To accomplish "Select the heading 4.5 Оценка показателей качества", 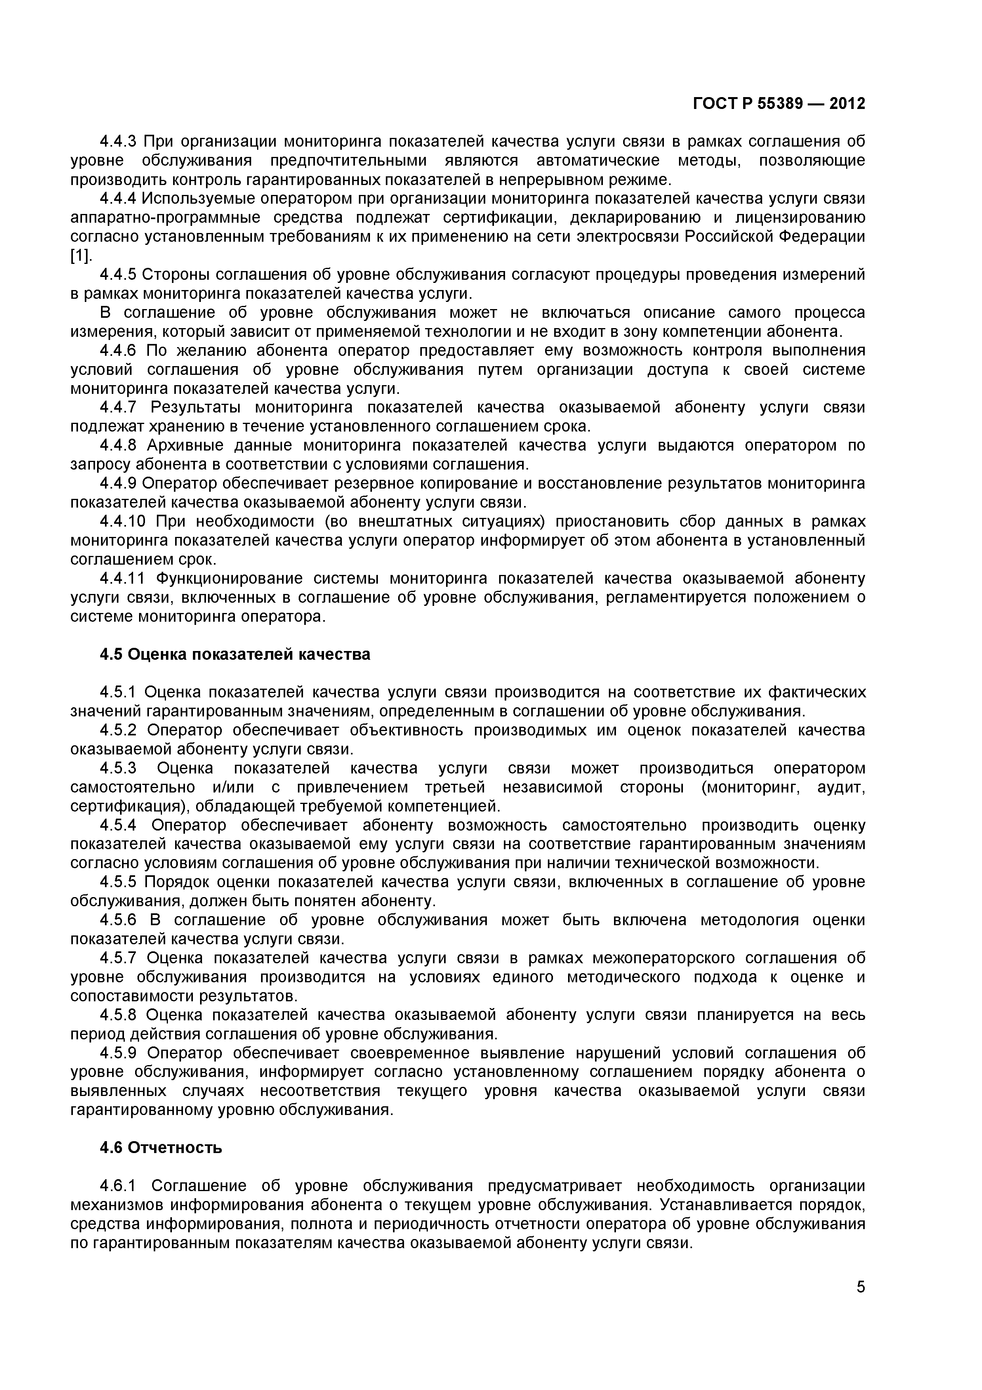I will [235, 655].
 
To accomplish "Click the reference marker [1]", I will [80, 256].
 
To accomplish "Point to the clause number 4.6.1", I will [119, 1186].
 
